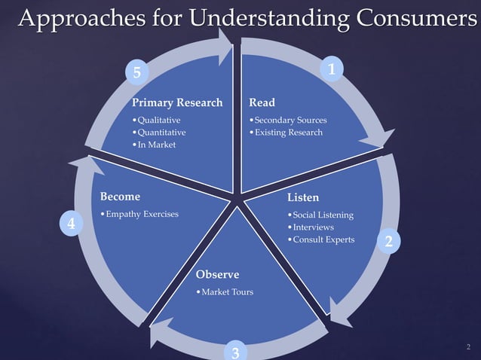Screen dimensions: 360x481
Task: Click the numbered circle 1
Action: pyautogui.click(x=332, y=69)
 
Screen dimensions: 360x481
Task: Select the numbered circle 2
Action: pyautogui.click(x=389, y=241)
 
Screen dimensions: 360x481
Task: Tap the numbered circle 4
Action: pyautogui.click(x=70, y=224)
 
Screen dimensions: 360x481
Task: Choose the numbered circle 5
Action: pyautogui.click(x=136, y=72)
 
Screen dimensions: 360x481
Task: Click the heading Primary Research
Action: pyautogui.click(x=177, y=102)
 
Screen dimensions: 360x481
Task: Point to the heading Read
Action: pyautogui.click(x=262, y=102)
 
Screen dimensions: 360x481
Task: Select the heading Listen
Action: pyautogui.click(x=303, y=197)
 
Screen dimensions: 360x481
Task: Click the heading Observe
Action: pyautogui.click(x=217, y=275)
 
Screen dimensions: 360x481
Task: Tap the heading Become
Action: pyautogui.click(x=120, y=197)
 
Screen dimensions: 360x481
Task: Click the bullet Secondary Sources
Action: pyautogui.click(x=290, y=121)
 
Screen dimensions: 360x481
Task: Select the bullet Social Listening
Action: pyautogui.click(x=323, y=215)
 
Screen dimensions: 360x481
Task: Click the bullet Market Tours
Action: pyautogui.click(x=226, y=292)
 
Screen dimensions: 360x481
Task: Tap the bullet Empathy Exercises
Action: pyautogui.click(x=142, y=215)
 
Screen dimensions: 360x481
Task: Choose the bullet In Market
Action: pyautogui.click(x=155, y=145)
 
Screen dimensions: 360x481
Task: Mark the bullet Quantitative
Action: pyautogui.click(x=161, y=133)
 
